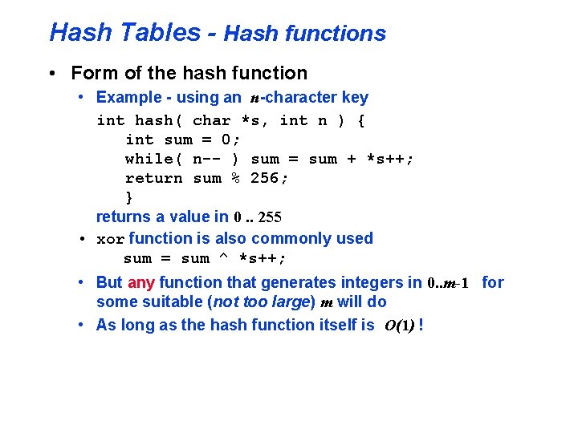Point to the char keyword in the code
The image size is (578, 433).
(212, 120)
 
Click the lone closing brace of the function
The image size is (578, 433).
(129, 197)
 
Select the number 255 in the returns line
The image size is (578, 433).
(270, 217)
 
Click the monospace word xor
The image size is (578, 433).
(110, 239)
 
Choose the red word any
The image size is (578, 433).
(140, 282)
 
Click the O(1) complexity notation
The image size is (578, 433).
(399, 326)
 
